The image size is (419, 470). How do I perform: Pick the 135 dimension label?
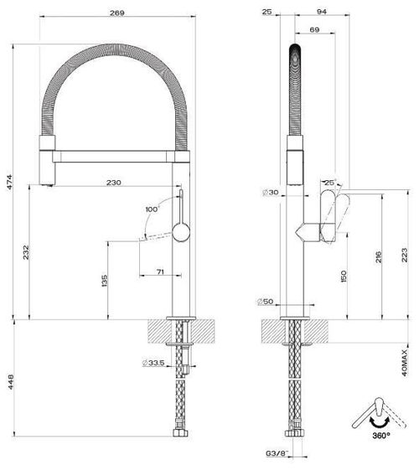click(x=105, y=281)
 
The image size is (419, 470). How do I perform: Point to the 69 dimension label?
click(x=314, y=29)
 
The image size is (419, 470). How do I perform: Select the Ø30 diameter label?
click(x=270, y=193)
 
